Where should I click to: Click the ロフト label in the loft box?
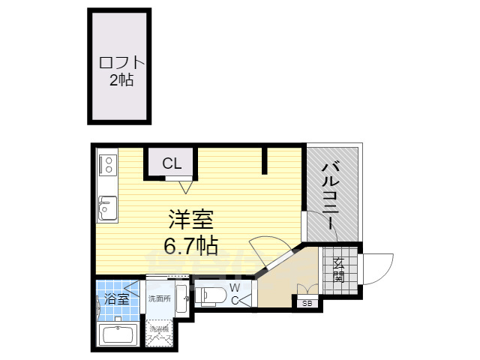(120, 63)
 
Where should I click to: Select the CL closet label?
(172, 163)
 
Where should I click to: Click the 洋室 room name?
(190, 220)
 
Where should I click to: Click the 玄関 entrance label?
(339, 270)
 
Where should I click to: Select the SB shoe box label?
(307, 304)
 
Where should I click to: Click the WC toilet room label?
(235, 294)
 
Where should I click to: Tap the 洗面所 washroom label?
(158, 298)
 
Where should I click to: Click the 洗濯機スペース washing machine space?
(159, 334)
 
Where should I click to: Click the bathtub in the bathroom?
(116, 334)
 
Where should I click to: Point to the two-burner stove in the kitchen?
(106, 163)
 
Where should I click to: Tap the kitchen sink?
(106, 207)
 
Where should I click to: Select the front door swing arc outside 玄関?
(379, 268)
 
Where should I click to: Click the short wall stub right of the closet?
(265, 159)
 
